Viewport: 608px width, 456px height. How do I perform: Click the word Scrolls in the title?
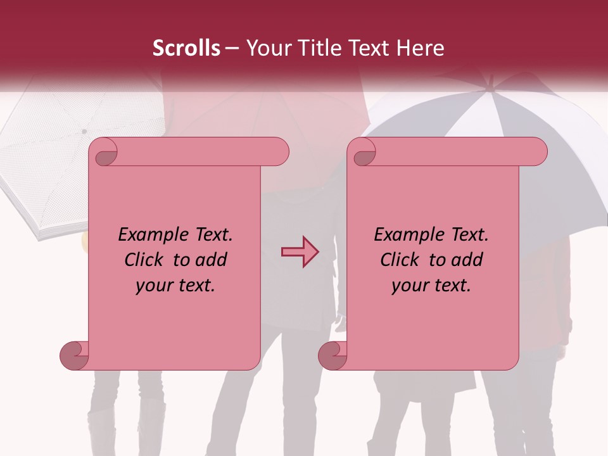click(x=186, y=48)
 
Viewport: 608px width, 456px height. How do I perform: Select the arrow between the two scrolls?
click(x=300, y=252)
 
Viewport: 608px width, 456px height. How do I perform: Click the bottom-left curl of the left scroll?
click(x=75, y=355)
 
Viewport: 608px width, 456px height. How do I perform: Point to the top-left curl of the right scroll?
click(x=364, y=153)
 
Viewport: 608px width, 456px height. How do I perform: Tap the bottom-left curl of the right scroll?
click(x=333, y=355)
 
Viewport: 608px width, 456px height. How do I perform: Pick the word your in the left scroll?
click(x=155, y=286)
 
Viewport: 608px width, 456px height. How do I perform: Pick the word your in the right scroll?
click(x=410, y=286)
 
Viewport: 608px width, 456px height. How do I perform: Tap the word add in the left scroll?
click(x=212, y=260)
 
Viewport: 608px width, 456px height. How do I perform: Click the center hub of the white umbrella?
click(x=84, y=131)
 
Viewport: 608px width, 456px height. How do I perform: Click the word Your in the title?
click(x=265, y=48)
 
